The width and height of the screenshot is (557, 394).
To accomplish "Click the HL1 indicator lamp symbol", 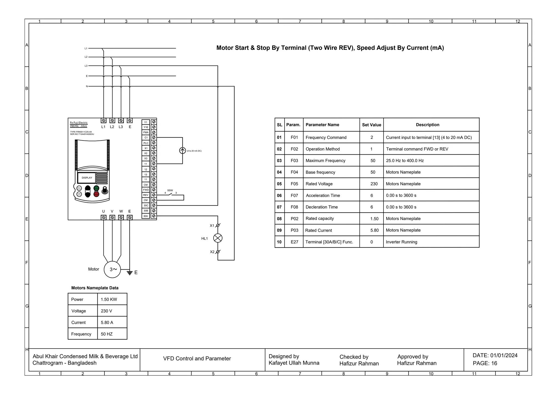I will [x=218, y=238].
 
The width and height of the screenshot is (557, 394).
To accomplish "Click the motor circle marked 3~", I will [x=112, y=269].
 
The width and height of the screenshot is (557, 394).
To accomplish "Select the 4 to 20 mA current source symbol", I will [x=182, y=151].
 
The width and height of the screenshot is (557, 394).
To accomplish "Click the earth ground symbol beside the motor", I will [x=130, y=273].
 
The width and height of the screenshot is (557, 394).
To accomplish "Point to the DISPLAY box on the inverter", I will [x=87, y=178].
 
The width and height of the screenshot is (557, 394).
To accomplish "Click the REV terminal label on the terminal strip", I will [x=146, y=195].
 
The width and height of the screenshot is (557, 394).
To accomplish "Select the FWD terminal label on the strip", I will [x=146, y=190].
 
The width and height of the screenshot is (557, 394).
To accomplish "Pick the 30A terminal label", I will [x=146, y=216].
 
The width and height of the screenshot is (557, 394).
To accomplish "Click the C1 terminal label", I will [x=146, y=138].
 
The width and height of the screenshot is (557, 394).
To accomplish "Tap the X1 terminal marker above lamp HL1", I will [x=218, y=225].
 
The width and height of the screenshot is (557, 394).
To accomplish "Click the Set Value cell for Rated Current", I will [x=374, y=230].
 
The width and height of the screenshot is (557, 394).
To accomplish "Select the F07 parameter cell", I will [x=294, y=196].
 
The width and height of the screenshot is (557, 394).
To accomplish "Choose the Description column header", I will [x=427, y=125].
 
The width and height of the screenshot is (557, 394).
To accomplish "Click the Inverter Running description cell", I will [x=401, y=242].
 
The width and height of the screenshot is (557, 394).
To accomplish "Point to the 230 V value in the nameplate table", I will [x=106, y=311].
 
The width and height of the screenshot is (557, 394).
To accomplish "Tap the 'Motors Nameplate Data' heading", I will [x=95, y=288].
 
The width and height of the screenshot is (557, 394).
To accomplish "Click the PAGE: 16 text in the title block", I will [x=485, y=363].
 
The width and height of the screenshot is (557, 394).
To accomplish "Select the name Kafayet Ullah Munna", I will [x=294, y=363].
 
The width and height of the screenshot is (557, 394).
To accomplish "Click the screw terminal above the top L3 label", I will [x=121, y=120].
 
